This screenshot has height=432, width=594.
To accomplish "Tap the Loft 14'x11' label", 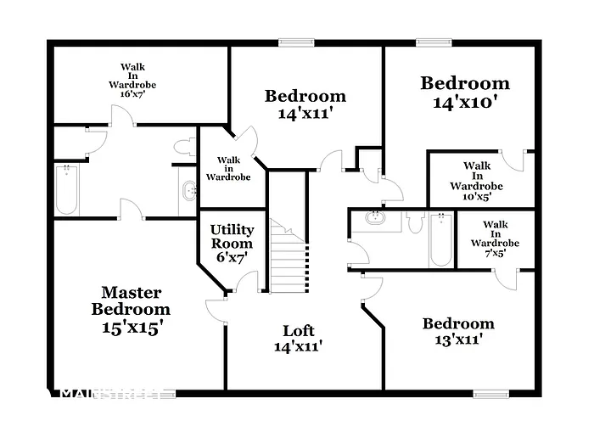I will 298,338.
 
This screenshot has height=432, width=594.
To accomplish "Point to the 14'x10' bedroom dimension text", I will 465,103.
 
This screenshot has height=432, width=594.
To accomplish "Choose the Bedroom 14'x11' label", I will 305,104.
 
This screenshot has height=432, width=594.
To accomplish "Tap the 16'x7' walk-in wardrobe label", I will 132,80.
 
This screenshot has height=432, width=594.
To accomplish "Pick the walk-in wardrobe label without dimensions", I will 227,169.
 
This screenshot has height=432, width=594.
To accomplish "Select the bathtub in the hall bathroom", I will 440,239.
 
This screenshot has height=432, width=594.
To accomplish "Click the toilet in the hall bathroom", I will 415,222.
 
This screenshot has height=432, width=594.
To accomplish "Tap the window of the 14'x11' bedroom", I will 296,42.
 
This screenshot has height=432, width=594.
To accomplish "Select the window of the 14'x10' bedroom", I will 433,42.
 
